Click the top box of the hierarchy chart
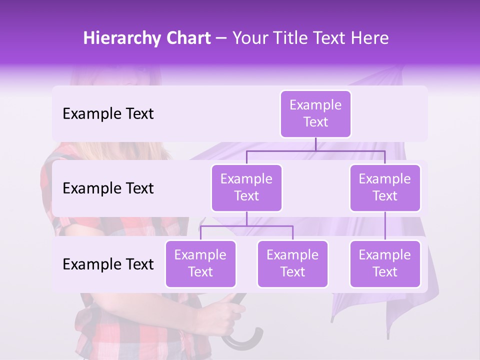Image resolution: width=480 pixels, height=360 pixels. point(315,114)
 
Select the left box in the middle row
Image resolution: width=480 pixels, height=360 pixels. point(246,188)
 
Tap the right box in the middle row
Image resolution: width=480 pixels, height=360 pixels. point(385,188)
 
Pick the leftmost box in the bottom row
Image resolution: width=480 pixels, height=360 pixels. point(200,264)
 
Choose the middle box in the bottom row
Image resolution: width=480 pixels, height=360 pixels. point(292,264)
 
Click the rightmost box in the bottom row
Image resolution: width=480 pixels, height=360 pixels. point(385,264)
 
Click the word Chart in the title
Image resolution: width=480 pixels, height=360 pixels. point(188,38)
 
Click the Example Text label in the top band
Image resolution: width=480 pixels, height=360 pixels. point(108,114)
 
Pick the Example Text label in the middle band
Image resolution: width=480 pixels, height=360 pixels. point(108,188)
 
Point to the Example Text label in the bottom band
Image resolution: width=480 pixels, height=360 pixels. point(108,264)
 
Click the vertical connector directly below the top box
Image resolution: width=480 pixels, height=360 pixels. point(315,144)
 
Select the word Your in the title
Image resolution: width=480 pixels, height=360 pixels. point(249,38)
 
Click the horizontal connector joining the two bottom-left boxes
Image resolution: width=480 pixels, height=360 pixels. point(246,226)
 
